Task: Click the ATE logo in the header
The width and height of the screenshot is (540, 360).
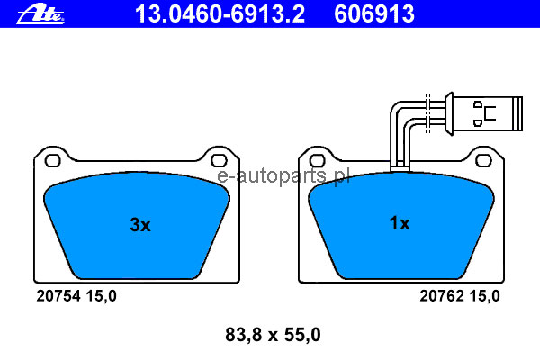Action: pos(40,13)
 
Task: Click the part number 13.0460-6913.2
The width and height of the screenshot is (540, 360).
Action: pos(220,13)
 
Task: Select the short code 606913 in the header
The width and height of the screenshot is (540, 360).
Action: pos(374,13)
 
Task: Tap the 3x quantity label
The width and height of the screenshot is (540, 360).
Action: pos(140,225)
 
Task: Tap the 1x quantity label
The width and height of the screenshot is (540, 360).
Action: pos(400,223)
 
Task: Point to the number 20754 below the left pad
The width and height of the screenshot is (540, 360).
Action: pos(58,296)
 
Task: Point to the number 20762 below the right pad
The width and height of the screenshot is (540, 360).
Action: pos(442,296)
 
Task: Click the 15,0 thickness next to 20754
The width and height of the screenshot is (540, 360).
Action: pos(101,296)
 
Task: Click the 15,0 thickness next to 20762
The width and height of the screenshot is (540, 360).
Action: pos(484,296)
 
